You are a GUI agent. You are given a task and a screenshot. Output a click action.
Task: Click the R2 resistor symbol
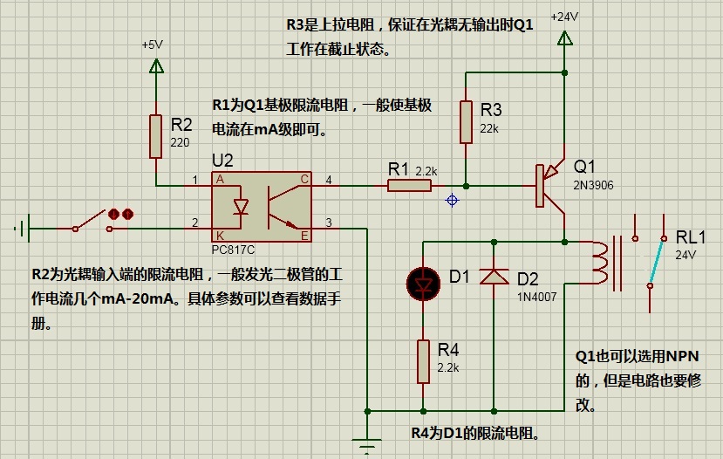click(156, 135)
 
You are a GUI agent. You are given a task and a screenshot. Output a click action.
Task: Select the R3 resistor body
click(467, 121)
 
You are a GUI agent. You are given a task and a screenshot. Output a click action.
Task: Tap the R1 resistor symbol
click(409, 185)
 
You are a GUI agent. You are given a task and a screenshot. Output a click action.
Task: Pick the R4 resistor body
click(423, 361)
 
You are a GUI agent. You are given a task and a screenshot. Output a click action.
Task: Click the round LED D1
click(423, 282)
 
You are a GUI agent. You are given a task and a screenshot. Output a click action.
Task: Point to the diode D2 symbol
click(495, 277)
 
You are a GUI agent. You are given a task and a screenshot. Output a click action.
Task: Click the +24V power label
click(565, 17)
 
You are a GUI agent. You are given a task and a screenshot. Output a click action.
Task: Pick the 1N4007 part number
click(536, 296)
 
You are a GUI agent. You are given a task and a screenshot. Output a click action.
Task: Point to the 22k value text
click(490, 128)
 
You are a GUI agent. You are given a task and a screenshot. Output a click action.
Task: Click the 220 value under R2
click(181, 142)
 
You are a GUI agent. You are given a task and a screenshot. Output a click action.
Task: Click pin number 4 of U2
click(329, 180)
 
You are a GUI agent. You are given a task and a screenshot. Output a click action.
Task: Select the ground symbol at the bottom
click(369, 447)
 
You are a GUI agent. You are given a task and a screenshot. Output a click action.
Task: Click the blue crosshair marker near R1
click(452, 200)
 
